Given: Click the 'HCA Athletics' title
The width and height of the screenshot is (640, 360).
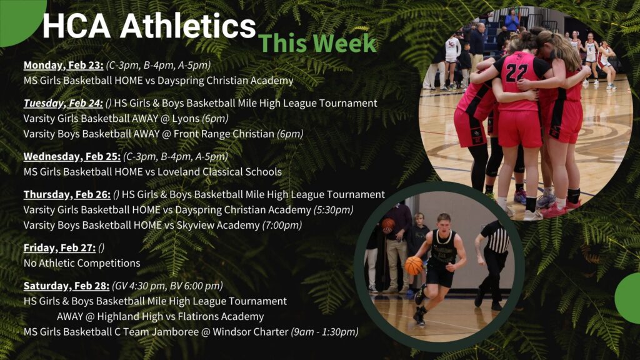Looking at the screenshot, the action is tap(149, 26).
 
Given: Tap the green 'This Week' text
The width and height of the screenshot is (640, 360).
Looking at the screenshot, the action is tap(317, 43).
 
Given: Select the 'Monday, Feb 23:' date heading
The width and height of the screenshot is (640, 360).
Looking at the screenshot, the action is tap(63, 65).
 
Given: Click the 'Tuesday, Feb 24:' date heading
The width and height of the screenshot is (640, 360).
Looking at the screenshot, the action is tap(63, 103).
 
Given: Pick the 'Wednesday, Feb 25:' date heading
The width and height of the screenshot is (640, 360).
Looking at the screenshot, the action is tap(72, 156).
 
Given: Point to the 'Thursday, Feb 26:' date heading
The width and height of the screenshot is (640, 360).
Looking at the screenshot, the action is tap(67, 194).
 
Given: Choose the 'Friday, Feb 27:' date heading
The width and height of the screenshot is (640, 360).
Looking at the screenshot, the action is tap(59, 247).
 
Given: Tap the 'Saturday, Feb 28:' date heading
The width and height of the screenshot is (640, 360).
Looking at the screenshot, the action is tap(66, 286).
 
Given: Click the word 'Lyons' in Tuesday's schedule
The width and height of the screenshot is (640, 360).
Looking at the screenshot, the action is tap(186, 119).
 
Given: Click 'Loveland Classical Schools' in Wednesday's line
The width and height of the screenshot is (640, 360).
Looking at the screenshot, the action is tap(219, 172).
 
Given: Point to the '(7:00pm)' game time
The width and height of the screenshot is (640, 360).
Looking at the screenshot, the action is tap(282, 225).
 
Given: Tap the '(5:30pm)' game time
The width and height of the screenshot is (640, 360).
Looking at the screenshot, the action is tap(334, 210).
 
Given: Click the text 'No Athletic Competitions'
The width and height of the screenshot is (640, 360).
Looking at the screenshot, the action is tap(82, 263).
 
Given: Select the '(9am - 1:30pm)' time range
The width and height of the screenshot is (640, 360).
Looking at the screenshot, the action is tap(324, 332).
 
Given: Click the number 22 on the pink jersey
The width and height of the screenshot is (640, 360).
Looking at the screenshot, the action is tap(517, 72).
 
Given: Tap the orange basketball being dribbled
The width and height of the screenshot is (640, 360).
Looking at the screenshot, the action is tap(414, 266).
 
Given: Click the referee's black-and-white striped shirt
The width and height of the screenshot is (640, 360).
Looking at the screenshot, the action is tap(496, 239).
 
